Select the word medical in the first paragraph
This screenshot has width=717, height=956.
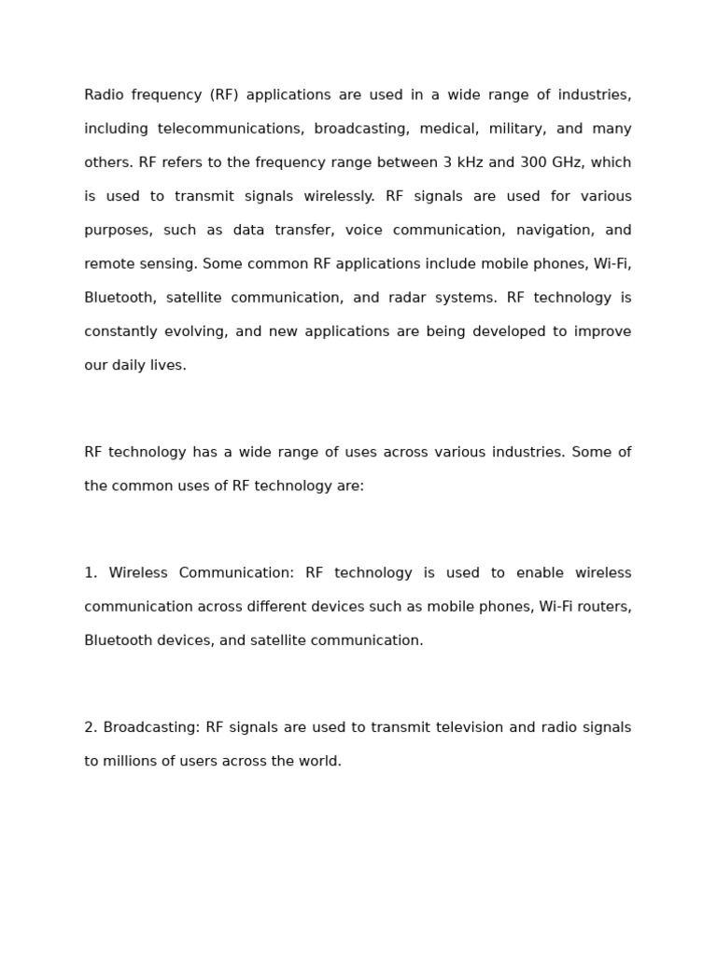pos(448,129)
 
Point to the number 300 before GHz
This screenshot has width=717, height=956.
pos(533,162)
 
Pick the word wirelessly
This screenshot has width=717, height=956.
pos(339,196)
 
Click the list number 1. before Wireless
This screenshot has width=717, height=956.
pos(91,572)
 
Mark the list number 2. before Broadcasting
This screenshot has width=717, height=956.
pos(91,727)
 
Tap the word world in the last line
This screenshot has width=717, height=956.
pos(319,761)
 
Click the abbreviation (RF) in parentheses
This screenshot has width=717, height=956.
pos(224,95)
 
